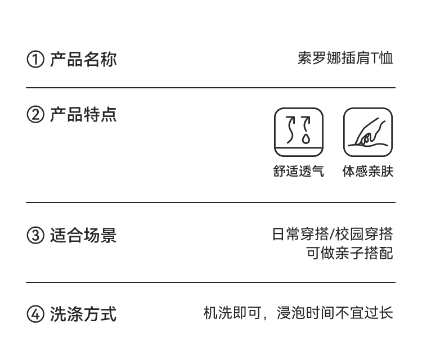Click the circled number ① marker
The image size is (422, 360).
click(35, 59)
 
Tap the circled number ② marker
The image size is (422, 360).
click(35, 115)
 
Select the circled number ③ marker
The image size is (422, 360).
click(35, 235)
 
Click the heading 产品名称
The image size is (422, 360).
click(83, 59)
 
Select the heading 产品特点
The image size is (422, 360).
click(83, 115)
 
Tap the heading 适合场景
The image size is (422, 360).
click(83, 235)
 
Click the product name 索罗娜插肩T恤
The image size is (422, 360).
click(345, 58)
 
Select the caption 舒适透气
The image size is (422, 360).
click(299, 172)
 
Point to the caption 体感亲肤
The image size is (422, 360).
click(368, 172)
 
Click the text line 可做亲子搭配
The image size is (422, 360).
click(349, 253)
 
